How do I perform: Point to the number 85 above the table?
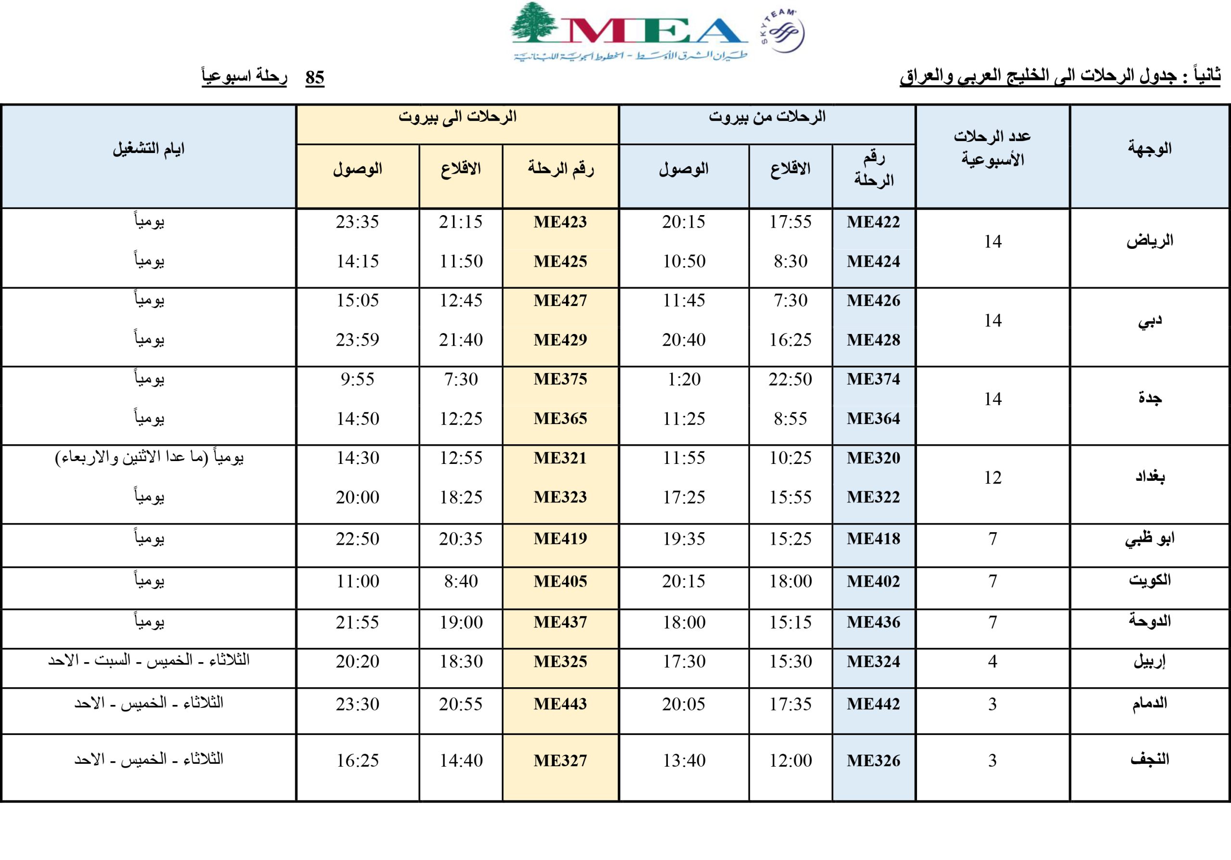tap(314, 78)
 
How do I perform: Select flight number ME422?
tap(873, 221)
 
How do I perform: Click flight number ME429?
tap(560, 340)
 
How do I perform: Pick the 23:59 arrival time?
tap(358, 340)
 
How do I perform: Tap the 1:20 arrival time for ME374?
tap(684, 379)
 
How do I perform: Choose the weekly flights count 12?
tap(992, 477)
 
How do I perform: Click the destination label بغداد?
tap(1150, 476)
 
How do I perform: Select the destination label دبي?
tap(1150, 321)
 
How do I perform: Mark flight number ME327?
tap(560, 760)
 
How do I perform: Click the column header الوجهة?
tap(1150, 149)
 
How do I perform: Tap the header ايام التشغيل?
tap(149, 149)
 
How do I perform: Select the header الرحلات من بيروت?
tap(767, 117)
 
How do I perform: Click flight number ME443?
tap(560, 704)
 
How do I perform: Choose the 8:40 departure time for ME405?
tap(461, 581)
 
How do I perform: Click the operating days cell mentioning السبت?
tap(149, 660)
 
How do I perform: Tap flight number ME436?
tap(873, 622)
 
